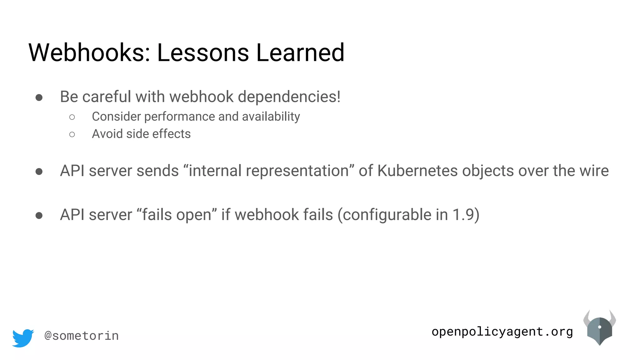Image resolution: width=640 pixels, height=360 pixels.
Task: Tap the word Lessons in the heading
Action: (203, 52)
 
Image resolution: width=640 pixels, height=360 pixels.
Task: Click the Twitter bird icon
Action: (23, 337)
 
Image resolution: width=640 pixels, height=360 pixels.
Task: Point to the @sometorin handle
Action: (82, 336)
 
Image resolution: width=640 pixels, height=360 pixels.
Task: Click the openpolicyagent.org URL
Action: (502, 332)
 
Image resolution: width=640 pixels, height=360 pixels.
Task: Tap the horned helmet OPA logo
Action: (599, 328)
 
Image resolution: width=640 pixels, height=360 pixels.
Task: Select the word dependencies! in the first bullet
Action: (289, 97)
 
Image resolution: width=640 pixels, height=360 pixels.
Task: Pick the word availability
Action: (271, 117)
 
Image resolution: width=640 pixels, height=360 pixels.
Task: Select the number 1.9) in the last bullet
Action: (466, 215)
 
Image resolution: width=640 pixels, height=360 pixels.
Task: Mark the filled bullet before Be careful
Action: (39, 98)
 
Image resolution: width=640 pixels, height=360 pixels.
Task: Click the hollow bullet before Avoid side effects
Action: (72, 135)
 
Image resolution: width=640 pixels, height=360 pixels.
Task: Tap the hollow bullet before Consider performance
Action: (72, 117)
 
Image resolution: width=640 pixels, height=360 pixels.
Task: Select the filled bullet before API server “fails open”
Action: (39, 216)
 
